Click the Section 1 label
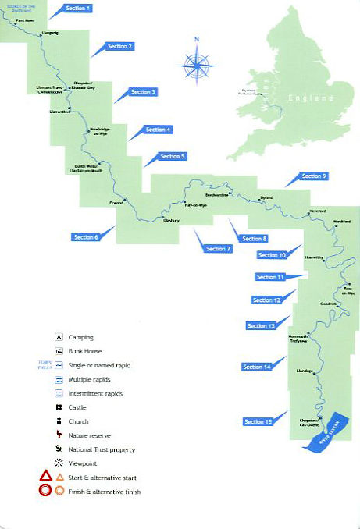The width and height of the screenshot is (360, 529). pos(77,8)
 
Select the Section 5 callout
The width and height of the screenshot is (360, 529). pos(173,156)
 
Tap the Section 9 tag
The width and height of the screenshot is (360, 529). pos(314,176)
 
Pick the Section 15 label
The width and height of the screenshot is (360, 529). pos(258,421)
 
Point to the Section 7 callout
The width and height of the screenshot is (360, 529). pos(219,248)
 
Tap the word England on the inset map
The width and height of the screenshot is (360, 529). pos(304,98)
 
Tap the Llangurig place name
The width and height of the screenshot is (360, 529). pos(50,34)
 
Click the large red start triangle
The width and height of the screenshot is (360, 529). pos(46,477)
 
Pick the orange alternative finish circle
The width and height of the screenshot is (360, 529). pos(60,492)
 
